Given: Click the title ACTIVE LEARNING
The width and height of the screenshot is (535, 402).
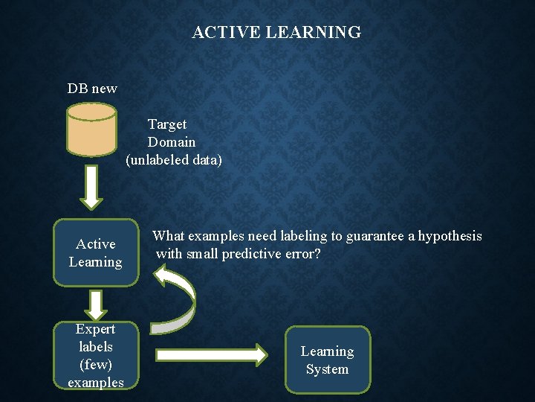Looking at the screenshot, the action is point(276,33).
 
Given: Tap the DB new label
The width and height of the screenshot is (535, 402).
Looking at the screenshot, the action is point(92,89).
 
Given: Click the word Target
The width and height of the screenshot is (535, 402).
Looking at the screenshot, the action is point(167,124).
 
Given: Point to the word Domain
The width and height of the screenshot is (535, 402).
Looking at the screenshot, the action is point(172,142).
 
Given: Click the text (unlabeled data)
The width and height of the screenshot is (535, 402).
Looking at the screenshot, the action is point(174,160).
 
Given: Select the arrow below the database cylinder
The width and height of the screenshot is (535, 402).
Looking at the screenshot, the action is point(90,188).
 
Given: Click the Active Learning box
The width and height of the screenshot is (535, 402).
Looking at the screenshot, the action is point(96,253).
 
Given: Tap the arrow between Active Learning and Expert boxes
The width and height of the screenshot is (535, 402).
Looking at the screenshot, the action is point(95,304).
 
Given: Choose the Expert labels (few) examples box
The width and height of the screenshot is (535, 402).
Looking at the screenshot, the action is point(96,356).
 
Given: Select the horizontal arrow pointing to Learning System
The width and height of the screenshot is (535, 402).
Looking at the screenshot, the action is point(211,355).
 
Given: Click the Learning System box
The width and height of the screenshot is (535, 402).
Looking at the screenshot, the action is point(327,360).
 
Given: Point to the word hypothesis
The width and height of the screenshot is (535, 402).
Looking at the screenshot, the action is point(450,237).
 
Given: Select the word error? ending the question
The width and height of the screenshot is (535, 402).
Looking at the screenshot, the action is point(303,255).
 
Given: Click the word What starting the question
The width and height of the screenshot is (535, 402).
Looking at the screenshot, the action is point(168,237).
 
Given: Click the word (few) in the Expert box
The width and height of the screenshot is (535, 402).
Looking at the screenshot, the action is point(96,365).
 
